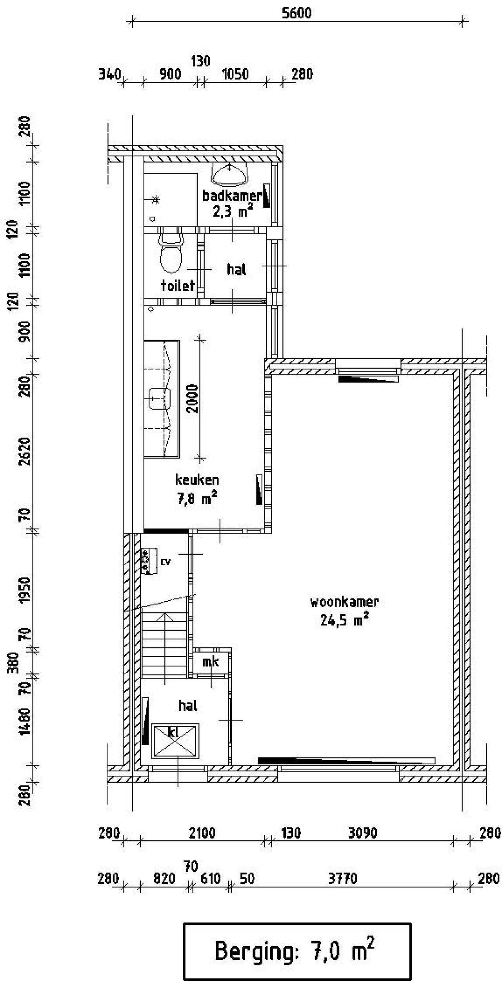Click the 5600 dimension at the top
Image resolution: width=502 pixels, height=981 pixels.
point(296,13)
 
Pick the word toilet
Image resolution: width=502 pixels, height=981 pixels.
point(178,285)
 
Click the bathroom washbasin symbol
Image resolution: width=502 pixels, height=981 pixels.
point(230,174)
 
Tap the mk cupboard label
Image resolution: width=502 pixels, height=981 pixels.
point(211,662)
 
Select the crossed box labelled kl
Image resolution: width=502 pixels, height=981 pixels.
point(175,740)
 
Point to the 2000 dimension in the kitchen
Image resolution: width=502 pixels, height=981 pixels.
point(193,398)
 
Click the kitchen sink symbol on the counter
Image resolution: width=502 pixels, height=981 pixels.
point(160,398)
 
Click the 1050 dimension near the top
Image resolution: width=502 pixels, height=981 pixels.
point(235,74)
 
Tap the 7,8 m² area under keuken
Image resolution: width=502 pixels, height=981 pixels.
point(197,499)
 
